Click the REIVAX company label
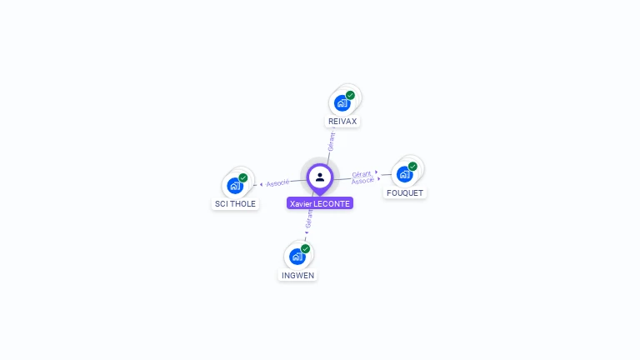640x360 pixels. point(342,122)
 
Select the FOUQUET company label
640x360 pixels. point(405,193)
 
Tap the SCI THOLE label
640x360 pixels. point(236,204)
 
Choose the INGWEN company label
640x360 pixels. point(298,275)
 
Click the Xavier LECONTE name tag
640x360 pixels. point(320,203)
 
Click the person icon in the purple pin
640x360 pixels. point(320,177)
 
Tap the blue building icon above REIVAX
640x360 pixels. point(341,102)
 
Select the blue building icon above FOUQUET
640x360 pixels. point(404,174)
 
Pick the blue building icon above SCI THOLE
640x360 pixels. point(234,185)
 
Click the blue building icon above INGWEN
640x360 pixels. point(297,256)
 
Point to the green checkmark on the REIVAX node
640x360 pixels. point(351,95)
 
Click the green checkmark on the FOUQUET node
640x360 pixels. point(413,166)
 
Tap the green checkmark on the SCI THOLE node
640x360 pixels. point(243,177)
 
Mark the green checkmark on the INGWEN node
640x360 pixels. point(306,248)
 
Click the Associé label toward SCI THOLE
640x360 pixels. point(277,182)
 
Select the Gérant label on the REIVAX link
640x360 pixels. point(331,142)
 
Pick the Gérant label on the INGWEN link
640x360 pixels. point(309,219)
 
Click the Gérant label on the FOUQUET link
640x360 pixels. point(361,173)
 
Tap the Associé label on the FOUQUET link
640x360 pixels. point(362,180)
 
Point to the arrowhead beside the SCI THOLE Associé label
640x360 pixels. point(262,184)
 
